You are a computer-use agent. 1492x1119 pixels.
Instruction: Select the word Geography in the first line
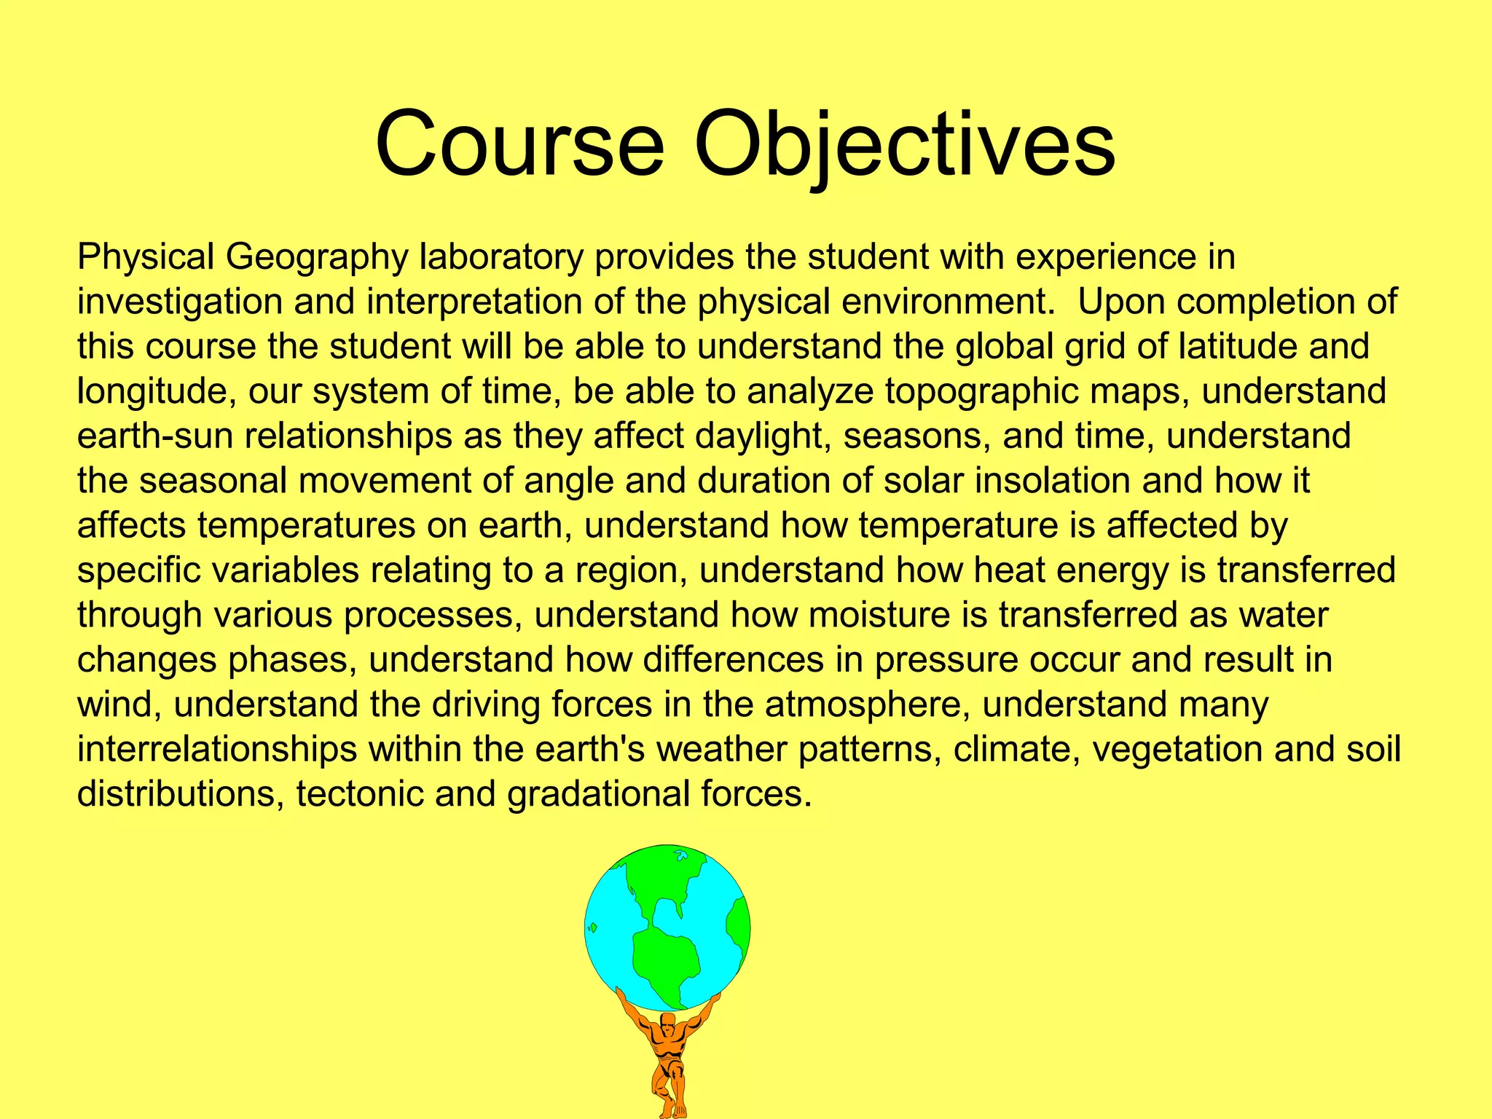(x=317, y=257)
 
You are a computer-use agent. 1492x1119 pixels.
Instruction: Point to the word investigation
(x=179, y=302)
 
